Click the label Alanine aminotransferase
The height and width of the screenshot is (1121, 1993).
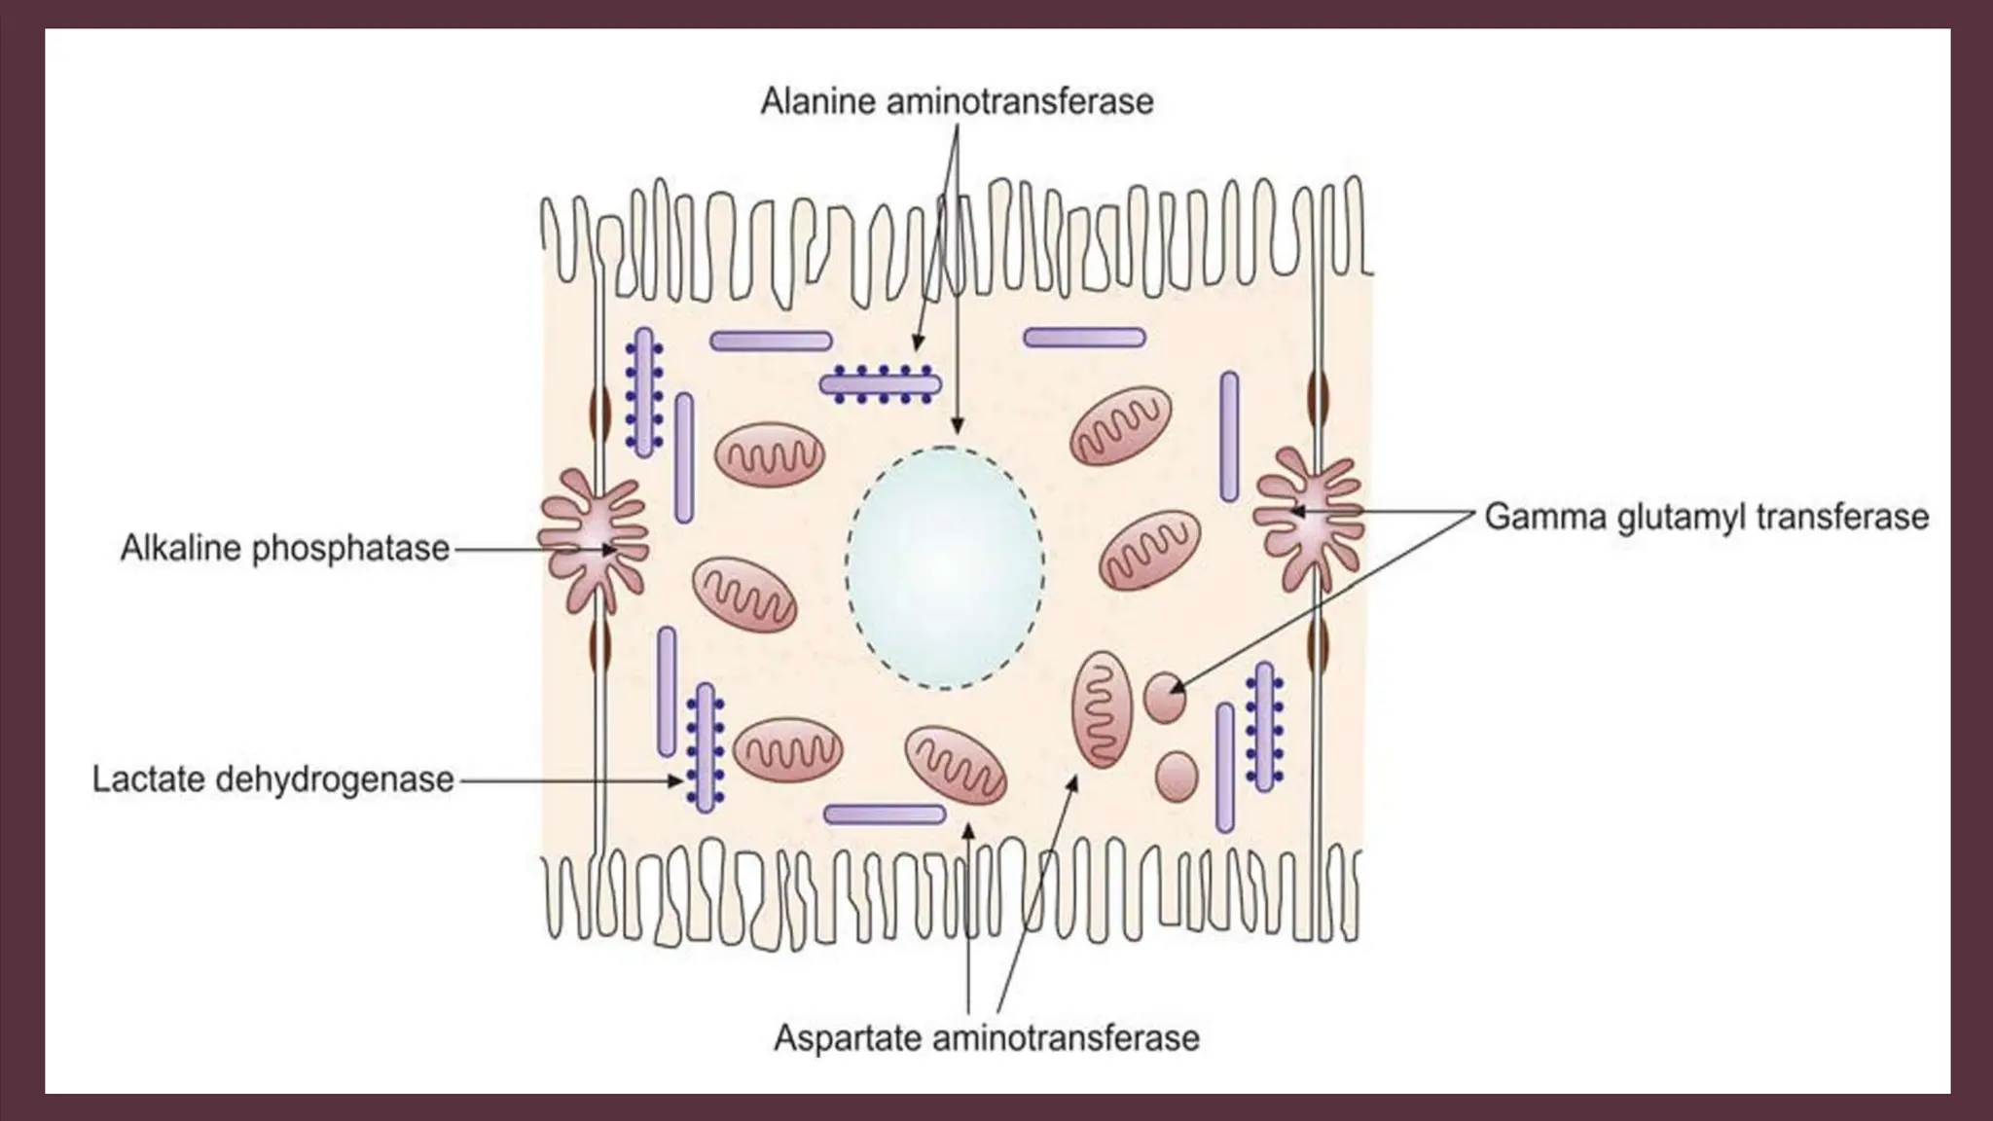(957, 101)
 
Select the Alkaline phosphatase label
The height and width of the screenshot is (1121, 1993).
(284, 549)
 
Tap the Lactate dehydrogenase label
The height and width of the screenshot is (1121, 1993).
(272, 779)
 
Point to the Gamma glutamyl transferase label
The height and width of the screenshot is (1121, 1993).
(1706, 516)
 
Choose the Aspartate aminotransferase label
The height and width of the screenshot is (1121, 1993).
(986, 1037)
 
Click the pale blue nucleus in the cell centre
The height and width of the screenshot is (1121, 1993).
(944, 567)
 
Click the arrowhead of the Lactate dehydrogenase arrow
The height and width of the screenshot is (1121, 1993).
(678, 780)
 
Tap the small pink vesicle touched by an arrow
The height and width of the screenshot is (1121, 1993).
(1164, 697)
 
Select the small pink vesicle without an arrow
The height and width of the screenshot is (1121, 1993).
(1177, 776)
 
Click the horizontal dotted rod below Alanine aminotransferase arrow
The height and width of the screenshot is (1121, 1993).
(881, 384)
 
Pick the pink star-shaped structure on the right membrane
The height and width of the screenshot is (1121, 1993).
(1307, 518)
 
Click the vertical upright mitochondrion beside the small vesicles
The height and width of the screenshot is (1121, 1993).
(1103, 709)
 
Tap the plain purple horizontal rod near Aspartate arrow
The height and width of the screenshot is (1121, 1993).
(885, 814)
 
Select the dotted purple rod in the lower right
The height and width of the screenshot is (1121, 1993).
(1264, 726)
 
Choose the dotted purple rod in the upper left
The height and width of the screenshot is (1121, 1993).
(643, 392)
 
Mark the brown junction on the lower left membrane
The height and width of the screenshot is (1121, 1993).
(599, 646)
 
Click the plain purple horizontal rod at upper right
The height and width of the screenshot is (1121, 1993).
(1084, 338)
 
